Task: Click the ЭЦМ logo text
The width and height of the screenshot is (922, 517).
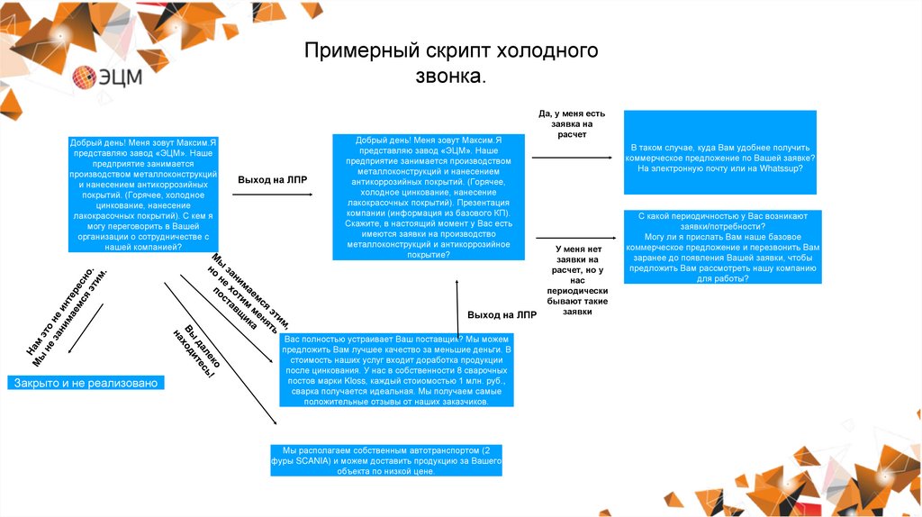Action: pyautogui.click(x=121, y=77)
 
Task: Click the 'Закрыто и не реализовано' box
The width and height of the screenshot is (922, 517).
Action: pyautogui.click(x=86, y=383)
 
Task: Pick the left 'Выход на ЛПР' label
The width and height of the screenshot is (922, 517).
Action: pyautogui.click(x=272, y=180)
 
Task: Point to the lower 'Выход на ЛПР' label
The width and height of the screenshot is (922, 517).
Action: pyautogui.click(x=502, y=315)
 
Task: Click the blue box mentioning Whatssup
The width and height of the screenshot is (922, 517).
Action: pyautogui.click(x=720, y=152)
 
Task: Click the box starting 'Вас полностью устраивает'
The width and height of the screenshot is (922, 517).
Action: pyautogui.click(x=396, y=369)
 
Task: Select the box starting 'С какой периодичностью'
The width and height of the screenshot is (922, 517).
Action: pyautogui.click(x=720, y=247)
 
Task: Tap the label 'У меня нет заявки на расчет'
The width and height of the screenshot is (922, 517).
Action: pyautogui.click(x=577, y=279)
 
